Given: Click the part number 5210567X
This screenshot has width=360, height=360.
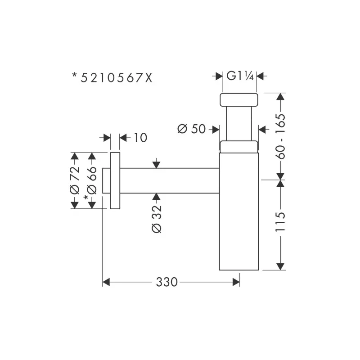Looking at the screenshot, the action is click(117, 78).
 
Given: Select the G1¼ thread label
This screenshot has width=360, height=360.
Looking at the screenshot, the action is click(240, 76).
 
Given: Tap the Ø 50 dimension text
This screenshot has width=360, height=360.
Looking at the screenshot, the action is click(192, 129).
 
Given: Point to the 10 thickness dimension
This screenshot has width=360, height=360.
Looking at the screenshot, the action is click(140, 138).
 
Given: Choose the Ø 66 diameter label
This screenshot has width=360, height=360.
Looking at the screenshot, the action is click(92, 180).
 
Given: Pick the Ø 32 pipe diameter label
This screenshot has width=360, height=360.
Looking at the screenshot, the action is click(157, 219).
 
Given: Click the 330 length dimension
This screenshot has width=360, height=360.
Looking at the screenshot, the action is click(167, 282).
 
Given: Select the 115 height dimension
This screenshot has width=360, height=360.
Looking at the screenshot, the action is click(280, 222).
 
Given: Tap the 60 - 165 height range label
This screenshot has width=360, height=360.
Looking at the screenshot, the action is click(280, 136).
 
